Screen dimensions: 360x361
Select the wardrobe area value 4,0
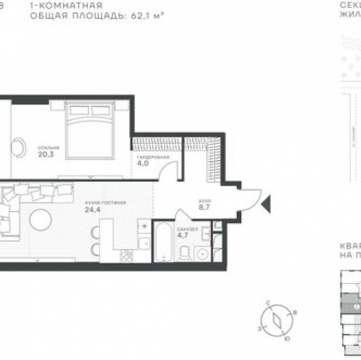144,163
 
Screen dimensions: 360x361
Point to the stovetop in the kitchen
127,255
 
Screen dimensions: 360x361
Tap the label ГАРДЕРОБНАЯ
153,156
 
